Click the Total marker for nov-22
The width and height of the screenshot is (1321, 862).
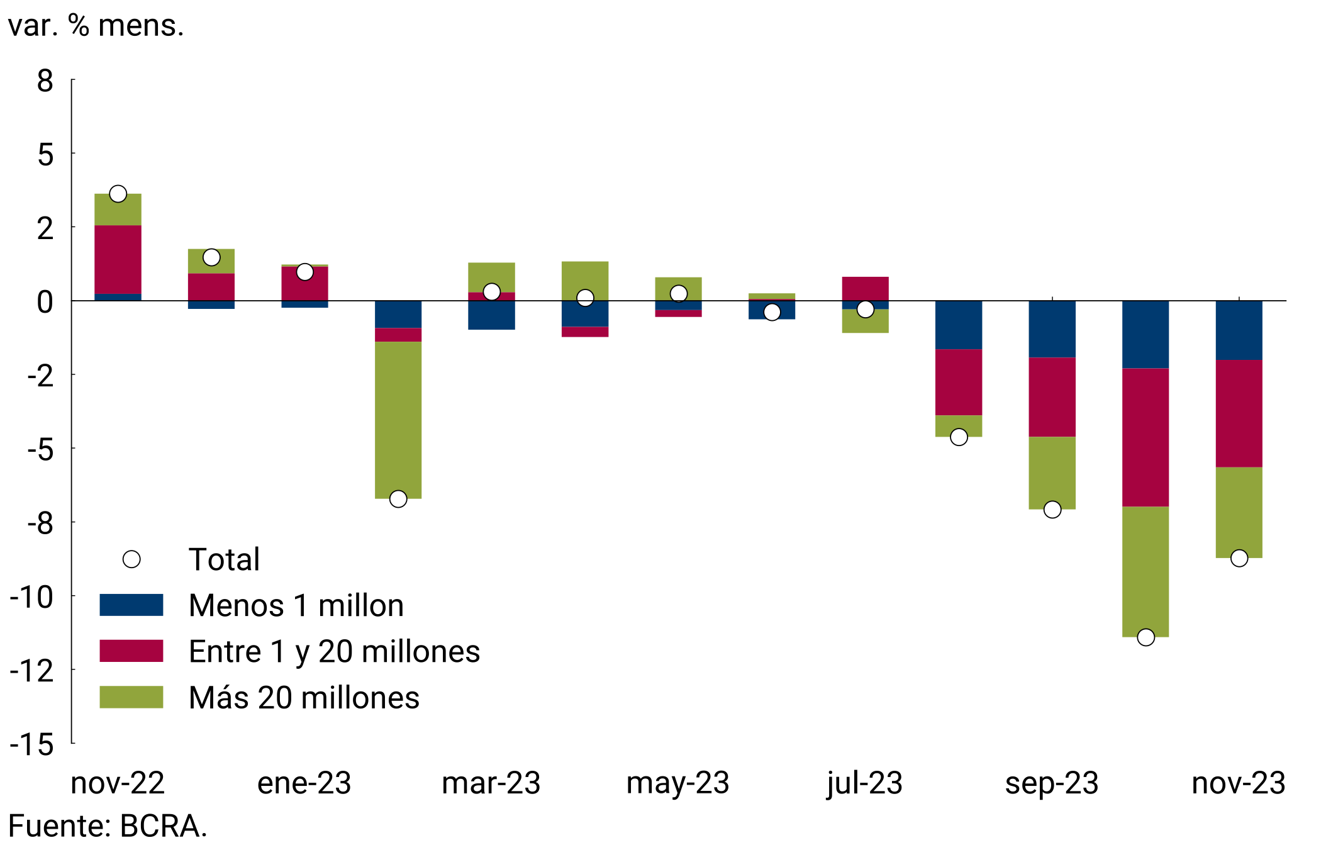[118, 194]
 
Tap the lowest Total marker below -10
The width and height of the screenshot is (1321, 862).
[1145, 637]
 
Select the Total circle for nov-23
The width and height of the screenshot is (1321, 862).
[1239, 558]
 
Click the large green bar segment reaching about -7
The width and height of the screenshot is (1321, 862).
[398, 420]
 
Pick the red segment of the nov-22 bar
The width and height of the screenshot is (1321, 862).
[118, 259]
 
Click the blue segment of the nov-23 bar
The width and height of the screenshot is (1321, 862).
[1239, 330]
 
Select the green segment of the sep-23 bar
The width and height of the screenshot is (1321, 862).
[1052, 473]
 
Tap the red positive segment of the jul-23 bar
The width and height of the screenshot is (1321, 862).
[865, 289]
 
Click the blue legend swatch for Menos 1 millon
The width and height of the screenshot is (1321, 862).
[131, 605]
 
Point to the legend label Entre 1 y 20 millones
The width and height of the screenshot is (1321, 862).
[334, 651]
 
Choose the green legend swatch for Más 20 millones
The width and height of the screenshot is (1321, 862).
[131, 697]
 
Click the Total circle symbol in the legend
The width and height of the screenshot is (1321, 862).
[131, 559]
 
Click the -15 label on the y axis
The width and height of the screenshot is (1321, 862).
[32, 745]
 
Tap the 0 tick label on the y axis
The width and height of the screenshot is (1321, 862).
[45, 302]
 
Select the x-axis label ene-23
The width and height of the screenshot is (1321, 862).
[304, 783]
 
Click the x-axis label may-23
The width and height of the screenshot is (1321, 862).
[677, 783]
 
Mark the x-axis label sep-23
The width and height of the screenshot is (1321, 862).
[1052, 783]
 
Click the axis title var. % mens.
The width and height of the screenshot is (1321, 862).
[96, 26]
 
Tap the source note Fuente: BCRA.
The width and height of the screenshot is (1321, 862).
[108, 826]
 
